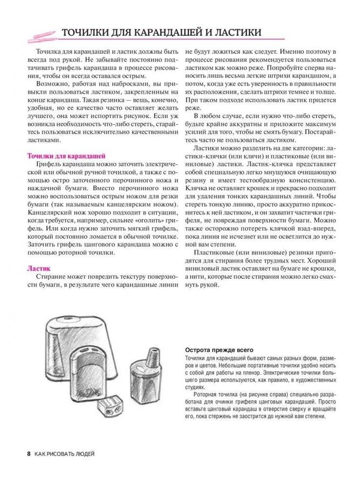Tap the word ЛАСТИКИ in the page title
coord(233,32)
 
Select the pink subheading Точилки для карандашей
coord(66,156)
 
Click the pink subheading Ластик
coord(39,268)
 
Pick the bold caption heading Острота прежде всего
coord(220,351)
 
